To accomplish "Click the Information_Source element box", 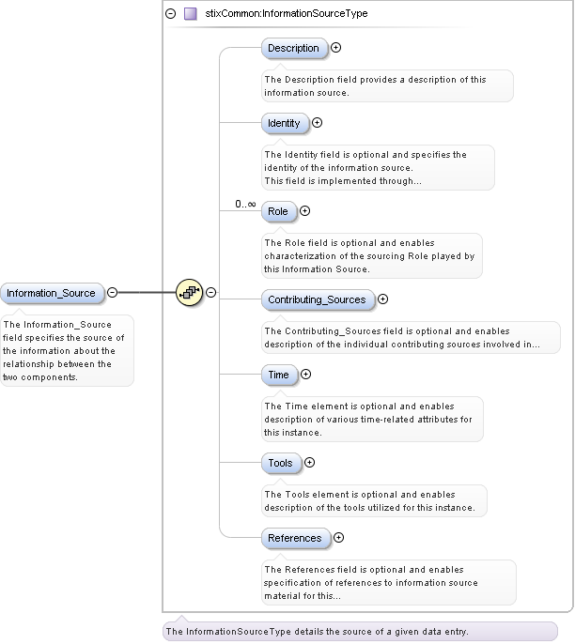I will [x=51, y=293].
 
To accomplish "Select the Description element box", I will [x=293, y=48].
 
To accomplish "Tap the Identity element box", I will [x=284, y=123].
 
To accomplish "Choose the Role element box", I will [x=278, y=211].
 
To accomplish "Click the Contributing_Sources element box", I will [x=316, y=299].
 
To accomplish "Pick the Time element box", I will [x=278, y=375].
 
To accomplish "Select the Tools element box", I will [x=280, y=463].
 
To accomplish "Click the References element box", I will [x=294, y=538].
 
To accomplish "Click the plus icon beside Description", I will [x=335, y=47].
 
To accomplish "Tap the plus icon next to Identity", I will [x=317, y=122].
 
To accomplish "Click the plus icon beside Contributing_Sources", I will [x=382, y=299].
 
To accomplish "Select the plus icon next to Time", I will [x=305, y=375].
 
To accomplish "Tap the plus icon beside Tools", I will [x=309, y=462].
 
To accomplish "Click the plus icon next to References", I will [x=338, y=538].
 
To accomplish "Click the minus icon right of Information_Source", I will [x=112, y=292].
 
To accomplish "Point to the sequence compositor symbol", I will [x=189, y=293].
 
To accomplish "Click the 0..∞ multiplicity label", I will [x=245, y=204].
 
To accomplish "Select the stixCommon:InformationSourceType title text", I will [x=287, y=14].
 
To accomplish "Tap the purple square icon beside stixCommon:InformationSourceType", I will [x=190, y=14].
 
